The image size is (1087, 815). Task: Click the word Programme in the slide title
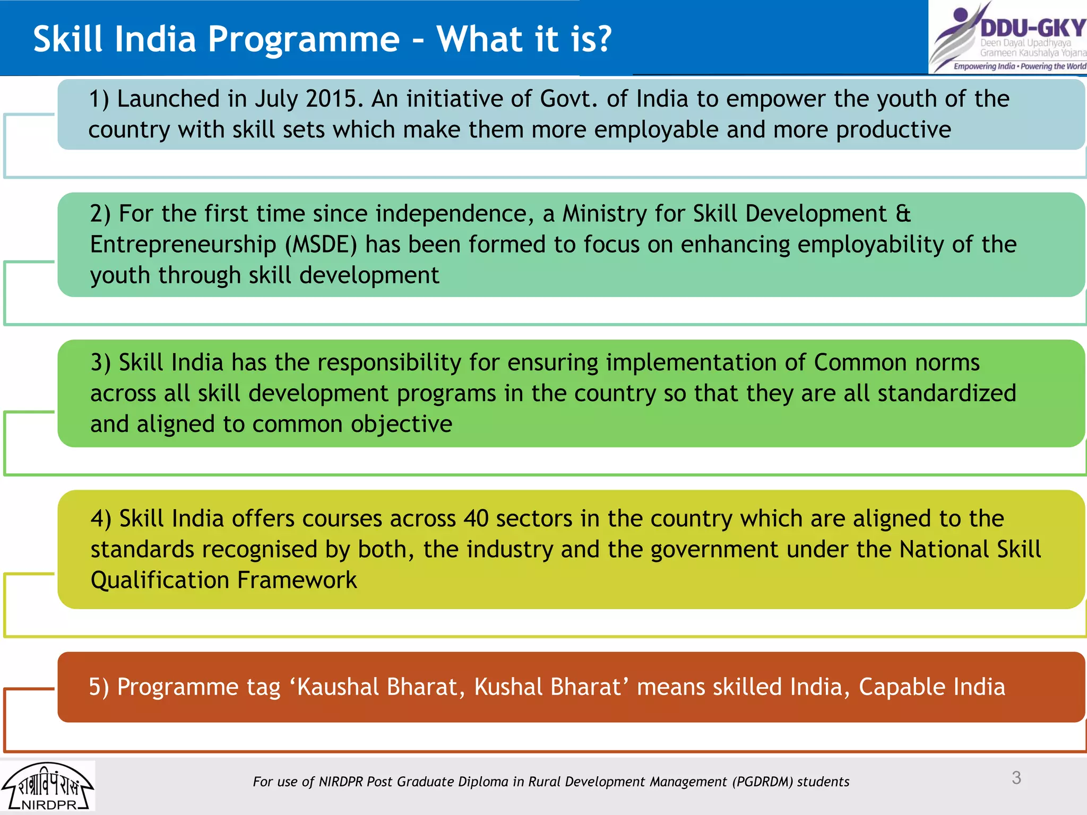pos(303,40)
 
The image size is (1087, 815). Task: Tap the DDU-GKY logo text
pos(1032,28)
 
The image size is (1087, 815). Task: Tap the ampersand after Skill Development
pos(903,214)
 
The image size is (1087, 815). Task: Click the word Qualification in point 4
pos(160,580)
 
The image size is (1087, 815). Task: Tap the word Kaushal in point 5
pos(338,687)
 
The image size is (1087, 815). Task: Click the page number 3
pos(1016,778)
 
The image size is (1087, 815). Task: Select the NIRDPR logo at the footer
pos(47,787)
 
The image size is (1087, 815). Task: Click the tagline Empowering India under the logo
pos(984,66)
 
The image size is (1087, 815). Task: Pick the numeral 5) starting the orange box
pos(99,687)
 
